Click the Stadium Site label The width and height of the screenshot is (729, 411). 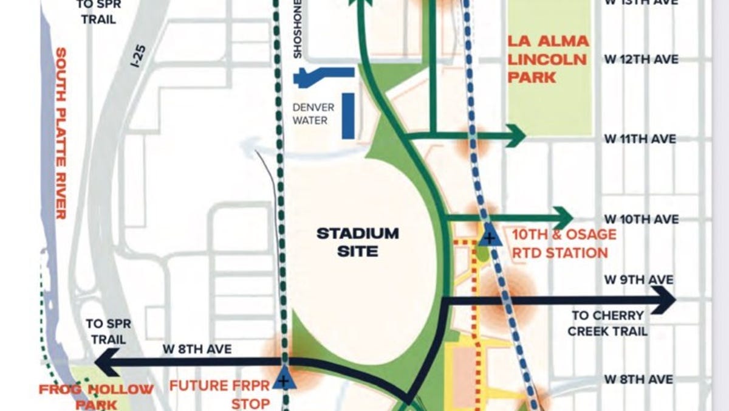coord(357,241)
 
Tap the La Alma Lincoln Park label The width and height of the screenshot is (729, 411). coord(548,59)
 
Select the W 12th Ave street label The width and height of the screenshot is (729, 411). coord(640,60)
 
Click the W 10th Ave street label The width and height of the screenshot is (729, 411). coord(640,219)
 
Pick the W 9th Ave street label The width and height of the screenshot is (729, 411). coord(638,280)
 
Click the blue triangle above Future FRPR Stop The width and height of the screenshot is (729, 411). coord(282,379)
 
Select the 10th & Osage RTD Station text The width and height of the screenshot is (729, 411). coord(560,243)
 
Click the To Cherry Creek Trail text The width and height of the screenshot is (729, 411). coord(608,323)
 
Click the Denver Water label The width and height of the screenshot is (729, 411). coord(310,114)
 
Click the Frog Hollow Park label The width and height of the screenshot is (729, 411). coord(96,395)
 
